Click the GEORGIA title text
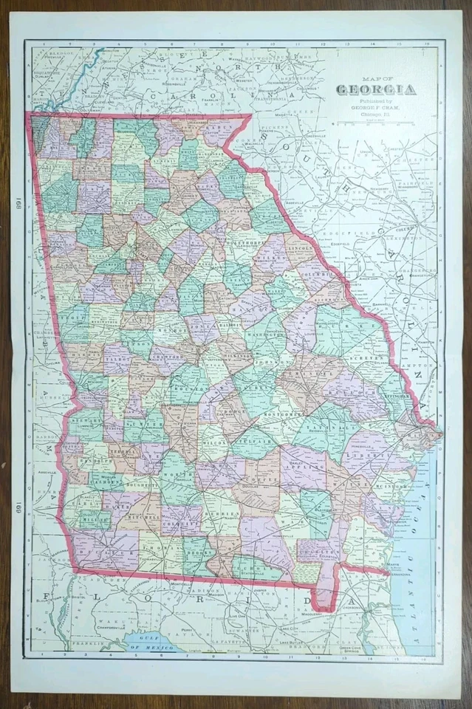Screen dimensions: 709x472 (376, 91)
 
